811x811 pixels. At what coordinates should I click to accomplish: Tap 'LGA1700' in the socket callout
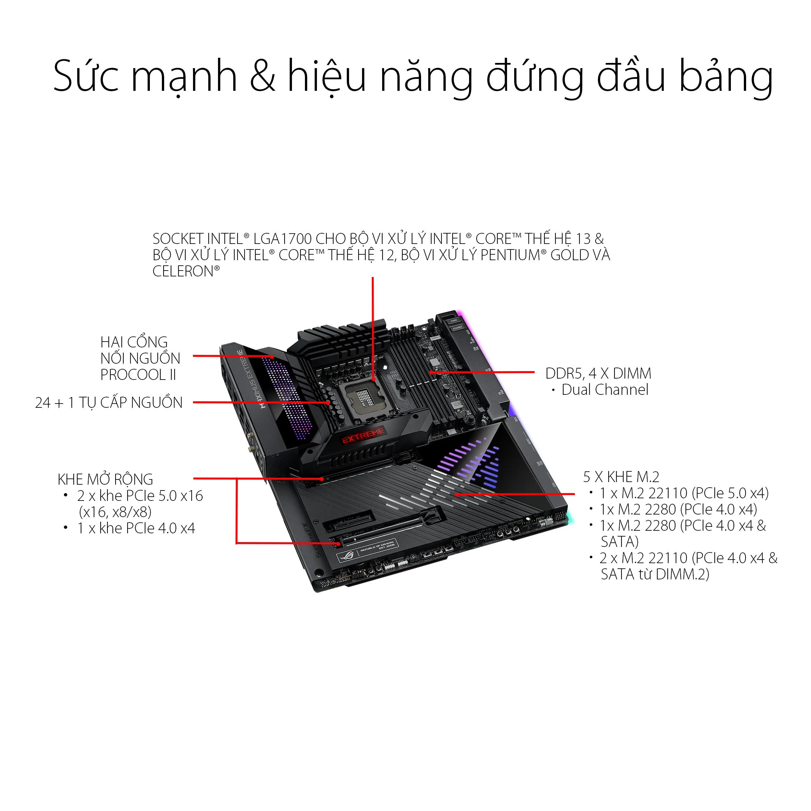pos(282,239)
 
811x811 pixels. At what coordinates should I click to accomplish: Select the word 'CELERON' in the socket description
pos(183,272)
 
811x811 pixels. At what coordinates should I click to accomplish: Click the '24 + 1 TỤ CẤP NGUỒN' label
pos(109,403)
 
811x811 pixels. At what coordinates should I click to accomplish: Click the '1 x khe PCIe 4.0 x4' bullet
pos(136,528)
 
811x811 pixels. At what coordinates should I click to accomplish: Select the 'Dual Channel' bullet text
pos(604,390)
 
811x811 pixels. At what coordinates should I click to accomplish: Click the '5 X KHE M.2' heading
pos(621,477)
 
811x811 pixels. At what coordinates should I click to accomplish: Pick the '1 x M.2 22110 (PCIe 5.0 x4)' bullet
pos(684,493)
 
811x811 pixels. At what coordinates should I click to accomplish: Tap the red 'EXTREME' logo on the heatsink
pos(363,435)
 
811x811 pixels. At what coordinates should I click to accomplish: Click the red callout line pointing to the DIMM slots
pos(483,372)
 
